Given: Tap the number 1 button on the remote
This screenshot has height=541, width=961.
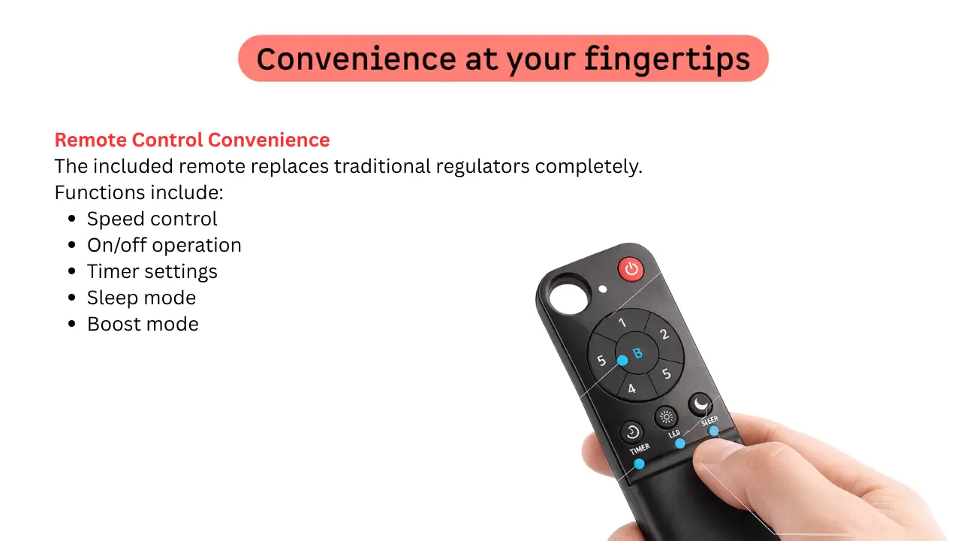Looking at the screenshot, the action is coord(622,323).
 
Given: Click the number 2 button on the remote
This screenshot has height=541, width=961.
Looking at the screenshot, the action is coord(664,334).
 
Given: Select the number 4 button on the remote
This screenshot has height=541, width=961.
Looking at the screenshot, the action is coord(631,389).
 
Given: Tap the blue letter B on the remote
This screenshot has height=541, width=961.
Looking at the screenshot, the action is coord(637,353).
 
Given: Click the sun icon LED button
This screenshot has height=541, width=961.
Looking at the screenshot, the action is coord(666,417).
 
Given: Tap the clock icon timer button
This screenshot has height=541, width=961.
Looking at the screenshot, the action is coord(631,432).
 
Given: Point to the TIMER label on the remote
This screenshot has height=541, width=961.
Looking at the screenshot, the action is coord(640,449).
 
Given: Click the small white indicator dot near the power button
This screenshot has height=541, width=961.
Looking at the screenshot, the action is coord(603,289).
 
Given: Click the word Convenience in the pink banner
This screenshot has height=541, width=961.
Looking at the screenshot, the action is coord(356,59).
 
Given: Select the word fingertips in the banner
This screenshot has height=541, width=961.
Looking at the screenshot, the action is coord(667,59).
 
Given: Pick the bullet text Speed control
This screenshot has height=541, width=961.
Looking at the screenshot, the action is coord(152,219).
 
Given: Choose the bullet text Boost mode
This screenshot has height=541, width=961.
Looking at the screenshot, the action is coord(143,324).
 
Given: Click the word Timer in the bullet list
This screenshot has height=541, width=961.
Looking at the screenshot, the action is coord(113,271).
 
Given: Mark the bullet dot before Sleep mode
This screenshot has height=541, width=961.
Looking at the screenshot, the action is coord(71,298).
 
